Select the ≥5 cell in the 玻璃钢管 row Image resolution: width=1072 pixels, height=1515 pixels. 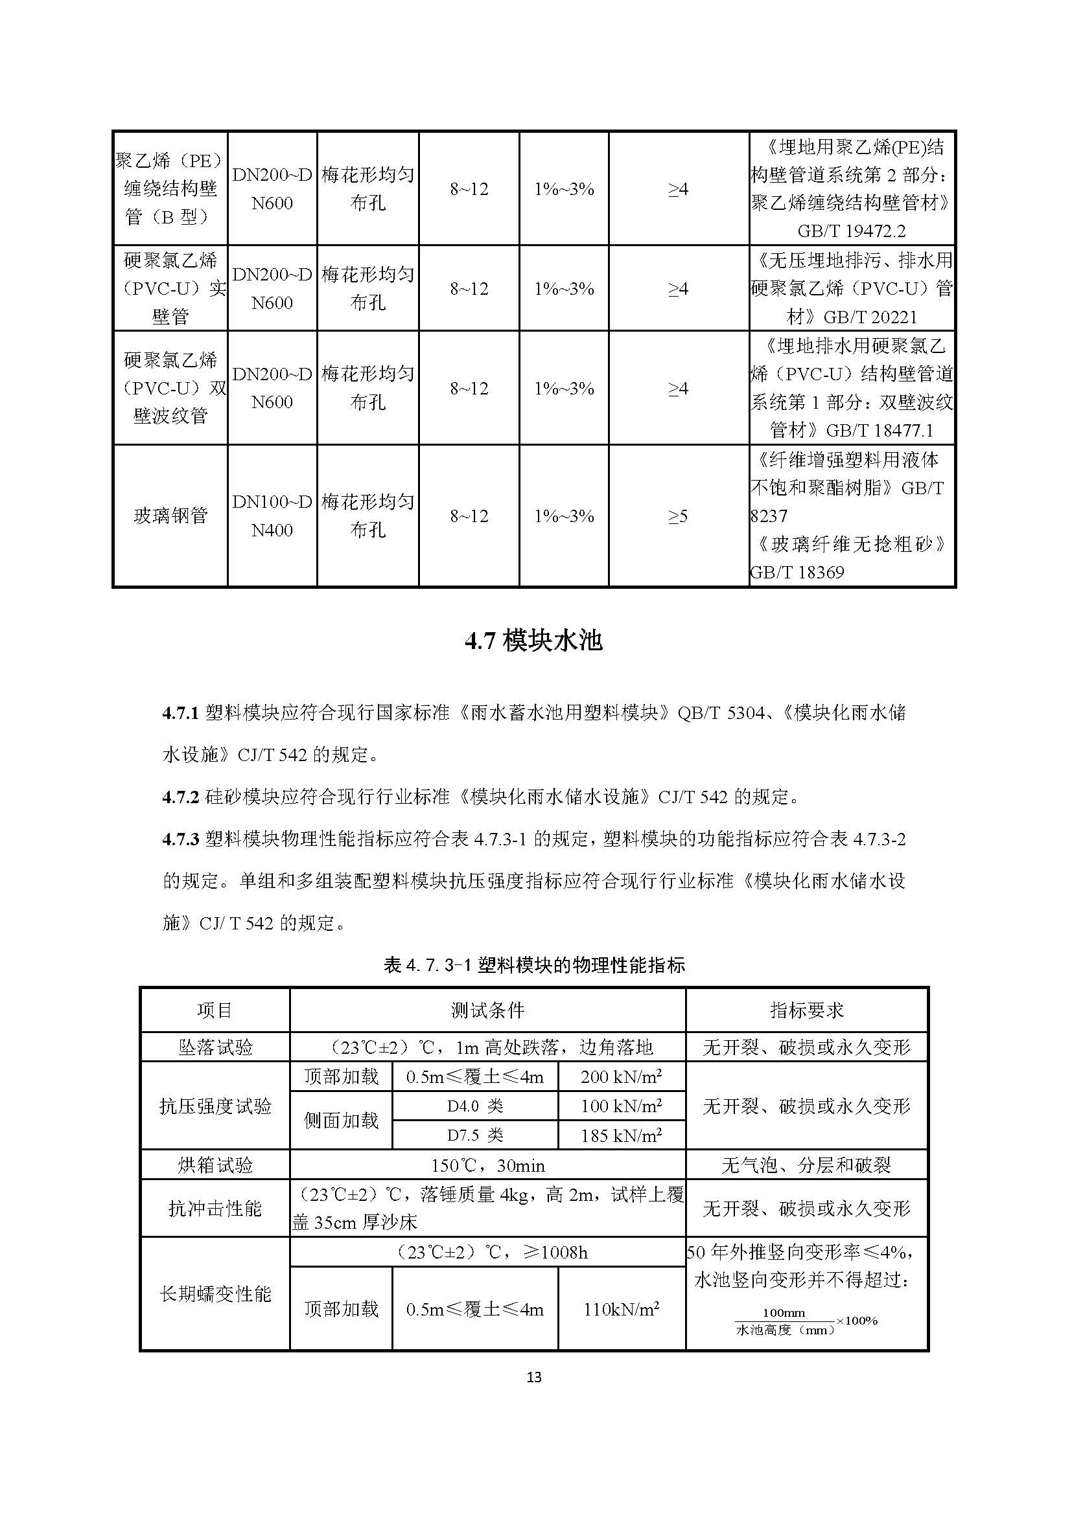678,516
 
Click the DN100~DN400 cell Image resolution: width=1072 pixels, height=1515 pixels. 272,516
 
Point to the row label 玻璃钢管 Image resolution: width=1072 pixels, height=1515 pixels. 170,516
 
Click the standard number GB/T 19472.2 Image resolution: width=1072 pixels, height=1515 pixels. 852,231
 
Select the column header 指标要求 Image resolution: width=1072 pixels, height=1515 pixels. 807,1010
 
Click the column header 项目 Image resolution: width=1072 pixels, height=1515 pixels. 215,1010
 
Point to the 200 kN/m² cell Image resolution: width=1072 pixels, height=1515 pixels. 621,1077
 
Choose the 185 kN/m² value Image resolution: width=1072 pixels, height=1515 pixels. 621,1135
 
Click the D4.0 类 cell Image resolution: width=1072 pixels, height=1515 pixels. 474,1106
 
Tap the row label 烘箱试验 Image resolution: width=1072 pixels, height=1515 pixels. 215,1165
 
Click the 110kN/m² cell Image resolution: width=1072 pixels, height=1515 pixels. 621,1309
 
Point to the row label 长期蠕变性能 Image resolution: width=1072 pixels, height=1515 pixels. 215,1294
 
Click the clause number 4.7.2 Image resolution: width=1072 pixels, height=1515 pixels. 180,797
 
